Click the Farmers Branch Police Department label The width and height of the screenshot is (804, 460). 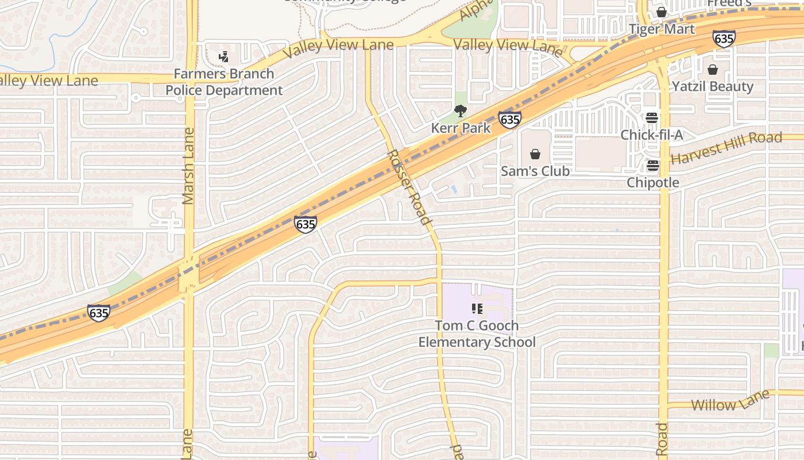click(224, 82)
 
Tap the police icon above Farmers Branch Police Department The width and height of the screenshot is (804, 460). click(224, 56)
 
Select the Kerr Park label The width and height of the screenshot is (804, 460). click(461, 128)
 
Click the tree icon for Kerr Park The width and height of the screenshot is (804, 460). click(460, 111)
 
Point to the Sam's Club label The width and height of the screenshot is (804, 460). click(535, 171)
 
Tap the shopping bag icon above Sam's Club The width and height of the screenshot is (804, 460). click(535, 154)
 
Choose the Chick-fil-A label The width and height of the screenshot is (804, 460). click(652, 135)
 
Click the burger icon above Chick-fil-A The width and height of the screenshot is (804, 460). click(651, 118)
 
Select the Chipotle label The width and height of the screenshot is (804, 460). click(653, 182)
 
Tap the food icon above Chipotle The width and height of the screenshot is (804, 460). click(653, 166)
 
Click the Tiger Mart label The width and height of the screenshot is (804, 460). click(662, 29)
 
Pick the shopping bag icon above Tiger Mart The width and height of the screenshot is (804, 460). click(662, 12)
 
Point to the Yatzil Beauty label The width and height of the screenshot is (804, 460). click(713, 86)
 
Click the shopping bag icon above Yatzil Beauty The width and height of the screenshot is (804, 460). click(713, 70)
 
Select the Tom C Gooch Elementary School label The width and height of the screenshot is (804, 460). click(477, 334)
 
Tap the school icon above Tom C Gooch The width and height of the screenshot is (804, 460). click(477, 309)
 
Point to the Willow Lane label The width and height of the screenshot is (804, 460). click(730, 400)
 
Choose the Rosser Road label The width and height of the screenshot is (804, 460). click(408, 187)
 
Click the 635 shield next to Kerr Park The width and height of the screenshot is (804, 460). click(509, 120)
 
